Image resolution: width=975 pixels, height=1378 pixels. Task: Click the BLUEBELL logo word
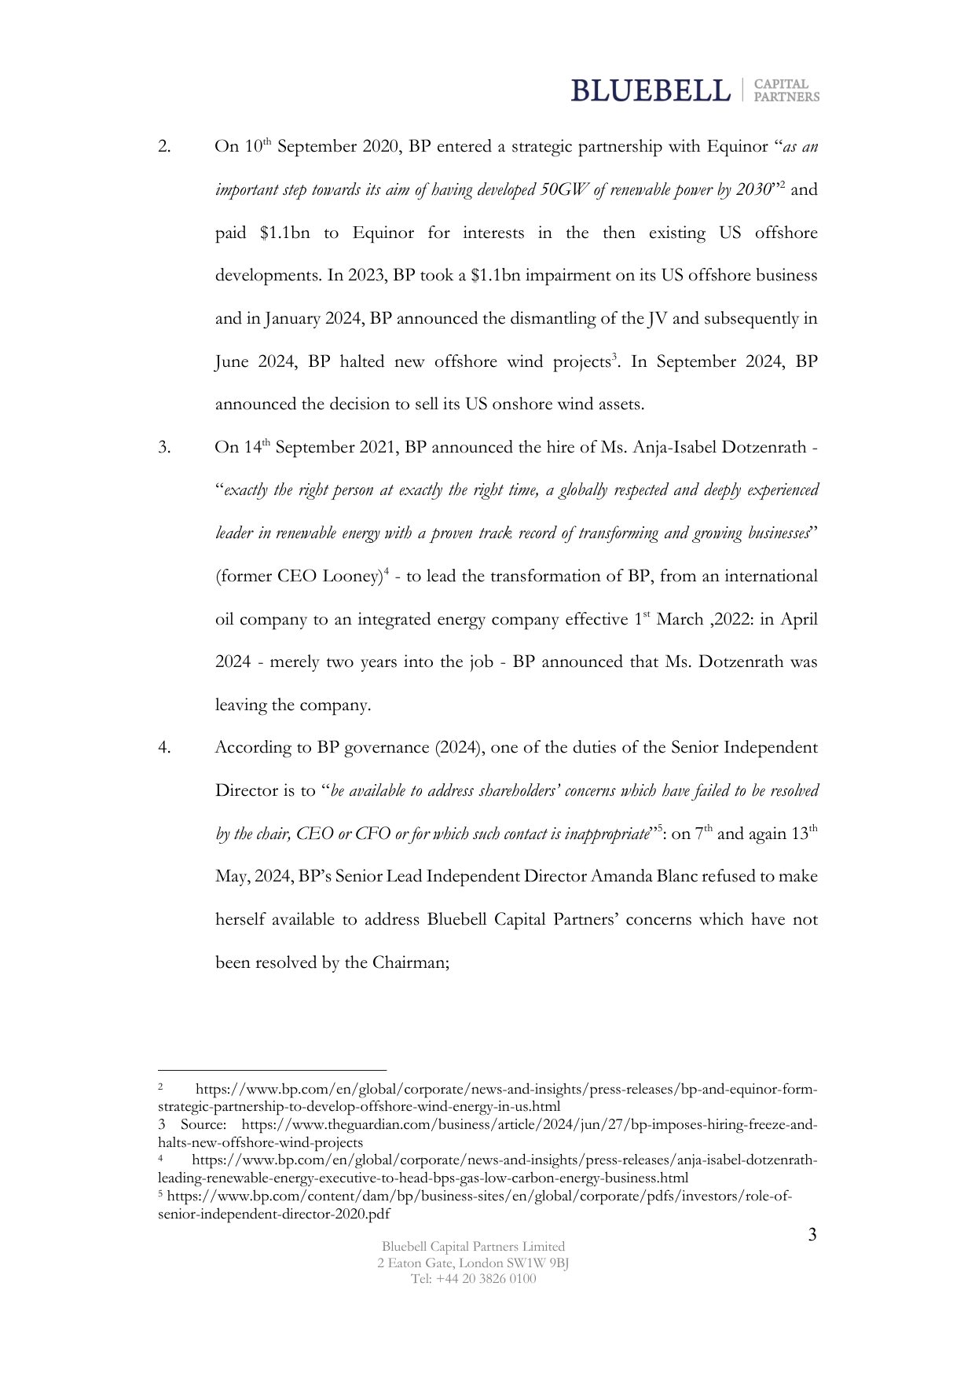(x=650, y=90)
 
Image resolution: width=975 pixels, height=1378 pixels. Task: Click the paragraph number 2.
(x=164, y=147)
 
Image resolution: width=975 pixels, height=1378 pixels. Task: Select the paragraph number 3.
(x=164, y=448)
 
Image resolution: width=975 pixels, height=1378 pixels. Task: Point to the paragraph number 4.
(x=164, y=748)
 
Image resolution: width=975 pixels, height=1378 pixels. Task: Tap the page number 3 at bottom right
(x=812, y=1235)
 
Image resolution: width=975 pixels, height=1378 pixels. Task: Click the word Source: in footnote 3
(x=203, y=1125)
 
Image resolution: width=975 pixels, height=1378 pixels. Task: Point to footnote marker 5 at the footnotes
(x=160, y=1195)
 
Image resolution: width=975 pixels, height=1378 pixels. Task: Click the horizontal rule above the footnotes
(x=272, y=1069)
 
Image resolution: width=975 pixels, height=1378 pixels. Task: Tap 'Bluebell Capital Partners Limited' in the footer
(x=473, y=1246)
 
